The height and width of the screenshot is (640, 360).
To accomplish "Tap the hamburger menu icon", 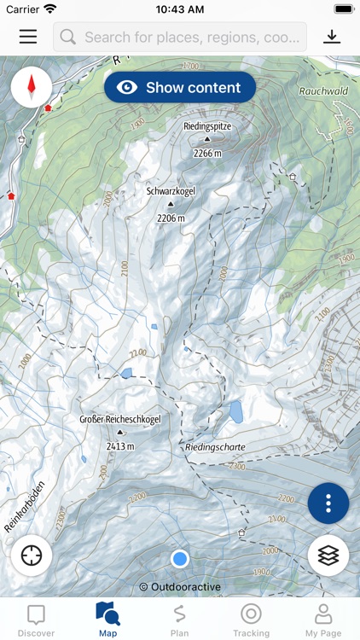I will click(28, 37).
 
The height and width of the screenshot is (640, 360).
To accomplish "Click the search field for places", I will click(180, 37).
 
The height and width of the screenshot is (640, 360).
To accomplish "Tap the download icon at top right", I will click(331, 37).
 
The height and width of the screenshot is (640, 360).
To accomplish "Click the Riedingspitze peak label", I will click(207, 125).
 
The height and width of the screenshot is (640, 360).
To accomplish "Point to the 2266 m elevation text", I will click(207, 153).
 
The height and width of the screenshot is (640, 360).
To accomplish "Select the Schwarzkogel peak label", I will click(171, 191).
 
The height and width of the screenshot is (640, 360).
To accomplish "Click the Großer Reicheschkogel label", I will click(119, 419).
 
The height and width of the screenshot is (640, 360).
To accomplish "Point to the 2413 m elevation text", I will click(119, 445).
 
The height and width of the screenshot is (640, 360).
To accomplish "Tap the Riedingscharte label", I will click(215, 446).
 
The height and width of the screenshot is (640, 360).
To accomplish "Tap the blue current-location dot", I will click(179, 558).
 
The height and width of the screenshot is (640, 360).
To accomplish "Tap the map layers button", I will click(328, 555).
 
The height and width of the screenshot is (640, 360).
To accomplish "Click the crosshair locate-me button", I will click(32, 555).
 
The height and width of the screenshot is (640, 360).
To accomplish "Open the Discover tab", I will click(36, 620).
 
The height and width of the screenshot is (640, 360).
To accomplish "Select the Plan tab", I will click(179, 620).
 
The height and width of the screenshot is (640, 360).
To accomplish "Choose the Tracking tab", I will click(251, 620).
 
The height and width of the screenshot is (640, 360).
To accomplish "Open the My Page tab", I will click(323, 620).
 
